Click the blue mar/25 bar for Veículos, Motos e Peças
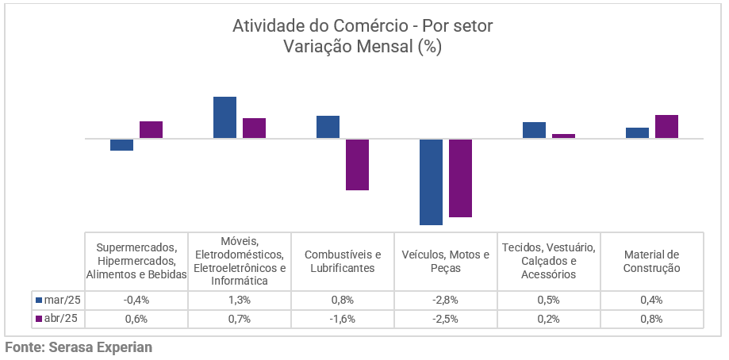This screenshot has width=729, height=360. pyautogui.click(x=431, y=182)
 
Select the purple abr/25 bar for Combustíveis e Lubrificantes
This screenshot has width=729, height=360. pyautogui.click(x=357, y=164)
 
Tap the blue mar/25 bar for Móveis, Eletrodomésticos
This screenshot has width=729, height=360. pyautogui.click(x=224, y=117)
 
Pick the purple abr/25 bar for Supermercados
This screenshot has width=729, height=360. pyautogui.click(x=151, y=130)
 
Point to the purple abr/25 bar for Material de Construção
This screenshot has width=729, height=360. pyautogui.click(x=666, y=127)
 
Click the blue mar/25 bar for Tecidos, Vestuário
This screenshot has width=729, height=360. pyautogui.click(x=534, y=130)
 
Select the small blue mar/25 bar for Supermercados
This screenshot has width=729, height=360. pyautogui.click(x=121, y=144)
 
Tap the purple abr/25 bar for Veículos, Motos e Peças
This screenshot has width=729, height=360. pyautogui.click(x=460, y=178)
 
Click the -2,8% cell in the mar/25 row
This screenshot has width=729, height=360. pyautogui.click(x=446, y=300)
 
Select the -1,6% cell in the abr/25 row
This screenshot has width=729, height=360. pyautogui.click(x=343, y=319)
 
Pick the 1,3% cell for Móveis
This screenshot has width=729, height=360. pyautogui.click(x=239, y=300)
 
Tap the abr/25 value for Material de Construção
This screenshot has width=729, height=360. pyautogui.click(x=652, y=319)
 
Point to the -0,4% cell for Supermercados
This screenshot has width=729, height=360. pyautogui.click(x=136, y=300)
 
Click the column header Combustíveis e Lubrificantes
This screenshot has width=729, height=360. pyautogui.click(x=343, y=261)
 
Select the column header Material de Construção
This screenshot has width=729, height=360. pyautogui.click(x=652, y=261)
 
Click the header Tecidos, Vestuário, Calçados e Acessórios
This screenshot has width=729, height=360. pyautogui.click(x=549, y=261)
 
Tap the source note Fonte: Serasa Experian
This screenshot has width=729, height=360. pyautogui.click(x=78, y=347)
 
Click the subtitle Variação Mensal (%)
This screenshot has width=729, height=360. pyautogui.click(x=363, y=46)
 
